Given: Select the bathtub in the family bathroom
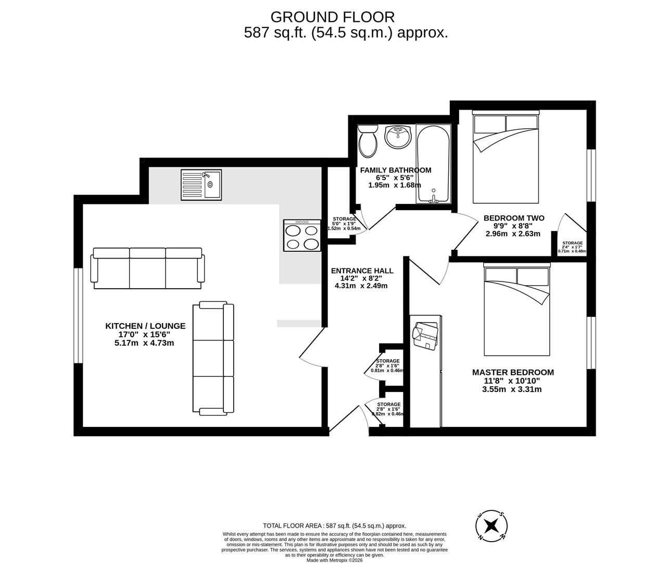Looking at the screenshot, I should [x=433, y=164].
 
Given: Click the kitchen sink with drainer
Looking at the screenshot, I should [x=201, y=184].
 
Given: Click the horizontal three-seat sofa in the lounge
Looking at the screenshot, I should [x=147, y=268].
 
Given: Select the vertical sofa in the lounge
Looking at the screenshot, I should [x=213, y=359].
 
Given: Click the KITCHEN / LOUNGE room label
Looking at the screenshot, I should [x=145, y=326].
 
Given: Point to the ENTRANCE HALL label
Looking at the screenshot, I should [x=362, y=271].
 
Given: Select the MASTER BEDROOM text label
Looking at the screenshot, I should [x=513, y=372].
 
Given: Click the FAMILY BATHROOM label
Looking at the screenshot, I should [x=396, y=170].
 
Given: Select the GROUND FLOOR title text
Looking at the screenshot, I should [x=332, y=17].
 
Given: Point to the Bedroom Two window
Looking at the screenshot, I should [x=591, y=175].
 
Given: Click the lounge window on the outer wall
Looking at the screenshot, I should [x=78, y=315].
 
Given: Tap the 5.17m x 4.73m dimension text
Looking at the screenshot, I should [x=144, y=342].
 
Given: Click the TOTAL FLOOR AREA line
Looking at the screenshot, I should [x=334, y=526].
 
